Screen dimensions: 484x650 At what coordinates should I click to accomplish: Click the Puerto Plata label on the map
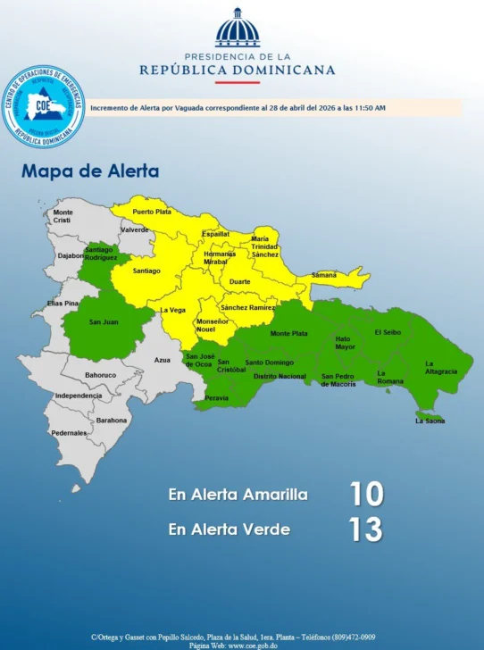(151, 212)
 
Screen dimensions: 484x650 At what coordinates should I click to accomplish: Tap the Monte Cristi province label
(62, 216)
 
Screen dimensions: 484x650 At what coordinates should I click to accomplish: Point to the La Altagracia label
(440, 367)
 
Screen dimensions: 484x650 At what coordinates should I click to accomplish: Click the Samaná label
(323, 275)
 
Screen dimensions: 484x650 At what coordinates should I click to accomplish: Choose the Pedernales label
(69, 433)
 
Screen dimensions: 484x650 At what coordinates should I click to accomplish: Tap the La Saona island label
(430, 421)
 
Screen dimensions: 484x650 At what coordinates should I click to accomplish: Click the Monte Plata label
(288, 334)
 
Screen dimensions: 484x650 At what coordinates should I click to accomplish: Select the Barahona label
(112, 420)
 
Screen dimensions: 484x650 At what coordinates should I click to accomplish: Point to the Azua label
(162, 360)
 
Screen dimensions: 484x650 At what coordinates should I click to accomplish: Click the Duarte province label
(240, 281)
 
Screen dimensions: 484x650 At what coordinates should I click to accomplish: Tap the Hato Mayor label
(345, 343)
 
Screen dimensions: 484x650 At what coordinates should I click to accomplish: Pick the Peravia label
(216, 397)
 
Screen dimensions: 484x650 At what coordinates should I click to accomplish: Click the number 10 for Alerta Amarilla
(366, 494)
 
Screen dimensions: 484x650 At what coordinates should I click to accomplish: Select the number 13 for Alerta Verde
(365, 529)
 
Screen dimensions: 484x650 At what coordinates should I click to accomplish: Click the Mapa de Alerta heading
(90, 171)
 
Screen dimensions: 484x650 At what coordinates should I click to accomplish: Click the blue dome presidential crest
(238, 29)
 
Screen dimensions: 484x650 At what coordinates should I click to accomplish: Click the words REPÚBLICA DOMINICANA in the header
(238, 70)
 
